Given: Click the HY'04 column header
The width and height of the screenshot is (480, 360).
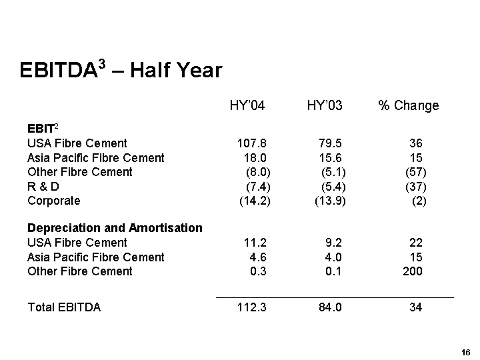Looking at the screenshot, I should [247, 105].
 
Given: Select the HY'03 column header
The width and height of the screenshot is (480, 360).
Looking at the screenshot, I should [325, 105].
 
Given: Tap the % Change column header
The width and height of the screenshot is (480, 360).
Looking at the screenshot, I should [408, 105].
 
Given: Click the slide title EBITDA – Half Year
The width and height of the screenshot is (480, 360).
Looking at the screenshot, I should [121, 69].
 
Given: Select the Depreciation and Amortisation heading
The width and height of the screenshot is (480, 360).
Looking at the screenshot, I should [115, 228].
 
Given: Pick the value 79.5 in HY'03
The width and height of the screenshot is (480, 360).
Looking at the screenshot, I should [331, 143].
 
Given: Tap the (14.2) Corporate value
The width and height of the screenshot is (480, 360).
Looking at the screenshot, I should [255, 201].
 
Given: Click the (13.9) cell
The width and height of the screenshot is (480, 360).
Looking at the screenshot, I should [330, 201].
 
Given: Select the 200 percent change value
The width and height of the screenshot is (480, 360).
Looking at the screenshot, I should [412, 271].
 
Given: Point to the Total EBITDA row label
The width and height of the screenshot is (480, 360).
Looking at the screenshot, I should [64, 307].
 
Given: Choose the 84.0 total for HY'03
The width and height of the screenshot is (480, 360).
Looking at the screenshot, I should [331, 307].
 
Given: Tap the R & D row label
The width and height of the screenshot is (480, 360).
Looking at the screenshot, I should [43, 187].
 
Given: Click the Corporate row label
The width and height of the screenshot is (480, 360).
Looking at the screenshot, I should [53, 201].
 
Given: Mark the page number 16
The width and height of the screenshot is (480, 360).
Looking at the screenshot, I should [465, 352].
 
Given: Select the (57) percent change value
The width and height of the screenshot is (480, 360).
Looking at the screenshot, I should [415, 172].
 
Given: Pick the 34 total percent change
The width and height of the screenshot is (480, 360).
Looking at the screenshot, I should [415, 307].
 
